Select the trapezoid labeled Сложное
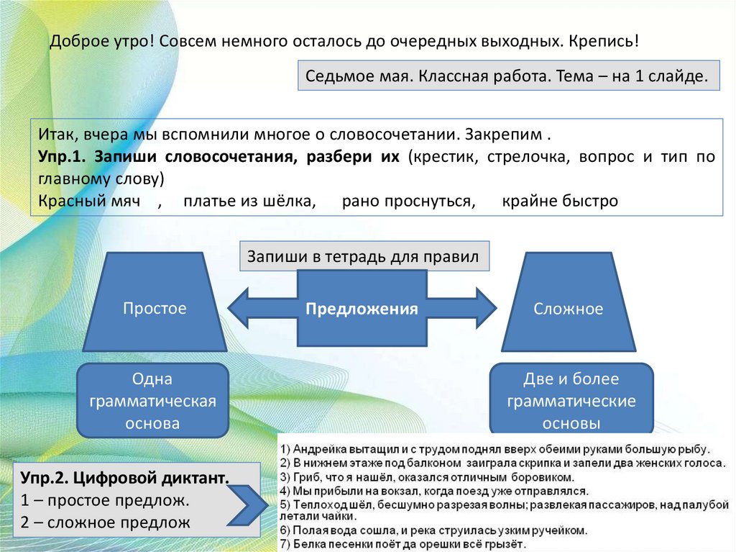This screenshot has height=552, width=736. point(568,309)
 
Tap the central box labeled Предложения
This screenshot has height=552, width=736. point(362,309)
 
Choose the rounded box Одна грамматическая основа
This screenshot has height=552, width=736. point(152,401)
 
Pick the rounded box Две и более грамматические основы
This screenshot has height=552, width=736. point(571,401)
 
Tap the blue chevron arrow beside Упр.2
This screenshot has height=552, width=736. point(249,505)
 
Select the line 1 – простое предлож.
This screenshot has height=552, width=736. point(105,500)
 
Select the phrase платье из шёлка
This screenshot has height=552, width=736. point(249,201)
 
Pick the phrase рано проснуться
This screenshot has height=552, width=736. point(408,201)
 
